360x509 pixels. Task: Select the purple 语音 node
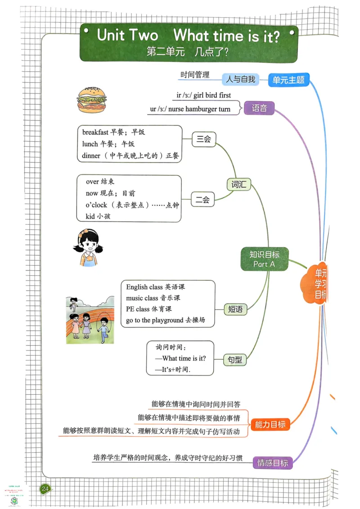259,108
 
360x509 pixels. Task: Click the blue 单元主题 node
288,80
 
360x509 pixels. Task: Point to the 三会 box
203,139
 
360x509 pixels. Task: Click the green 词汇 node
238,184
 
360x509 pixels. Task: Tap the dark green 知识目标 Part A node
264,259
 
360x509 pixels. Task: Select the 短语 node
235,309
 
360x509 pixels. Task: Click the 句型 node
235,359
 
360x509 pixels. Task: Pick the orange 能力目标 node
270,424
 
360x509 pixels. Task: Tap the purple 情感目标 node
273,462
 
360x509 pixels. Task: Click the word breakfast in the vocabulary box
95,132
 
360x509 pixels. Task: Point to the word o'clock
96,205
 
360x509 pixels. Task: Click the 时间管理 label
195,75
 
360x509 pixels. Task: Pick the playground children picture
90,320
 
